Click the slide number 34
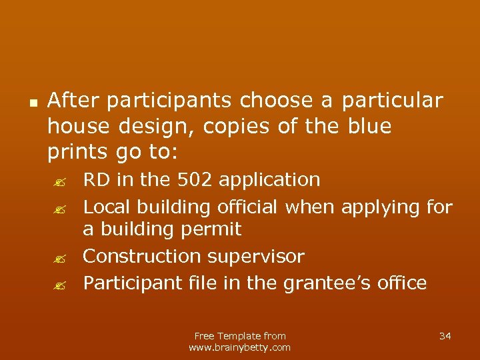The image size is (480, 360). click(445, 336)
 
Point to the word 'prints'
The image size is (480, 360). click(75, 152)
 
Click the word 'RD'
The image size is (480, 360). click(95, 180)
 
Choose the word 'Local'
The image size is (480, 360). click(107, 207)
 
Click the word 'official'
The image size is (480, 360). click(247, 207)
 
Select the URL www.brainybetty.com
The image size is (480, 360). click(240, 347)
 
